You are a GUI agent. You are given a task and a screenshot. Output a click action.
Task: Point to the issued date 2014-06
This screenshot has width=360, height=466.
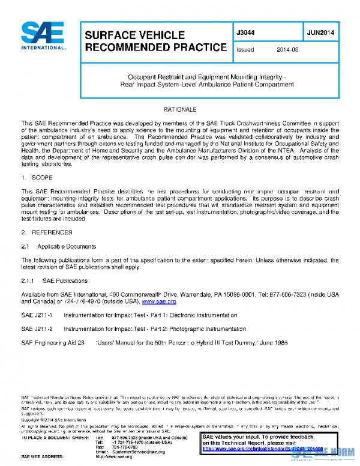tap(287, 50)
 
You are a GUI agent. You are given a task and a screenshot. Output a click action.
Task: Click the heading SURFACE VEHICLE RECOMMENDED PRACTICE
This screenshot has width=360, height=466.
tap(155, 41)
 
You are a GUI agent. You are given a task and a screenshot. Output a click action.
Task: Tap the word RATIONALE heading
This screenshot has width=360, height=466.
tap(180, 110)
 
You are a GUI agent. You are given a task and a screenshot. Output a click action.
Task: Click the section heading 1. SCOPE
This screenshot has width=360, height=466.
tap(36, 178)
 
